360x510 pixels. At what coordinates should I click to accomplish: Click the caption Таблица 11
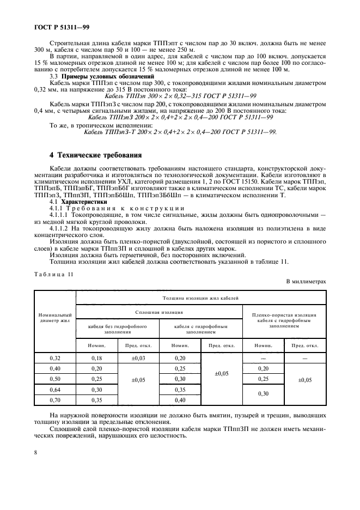pyautogui.click(x=53, y=274)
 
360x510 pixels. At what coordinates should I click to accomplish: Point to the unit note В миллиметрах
pyautogui.click(x=306, y=282)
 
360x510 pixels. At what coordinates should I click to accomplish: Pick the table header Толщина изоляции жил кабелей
pyautogui.click(x=200, y=297)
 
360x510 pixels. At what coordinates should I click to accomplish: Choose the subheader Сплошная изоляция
pyautogui.click(x=158, y=312)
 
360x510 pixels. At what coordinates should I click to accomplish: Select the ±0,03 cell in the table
pyautogui.click(x=138, y=358)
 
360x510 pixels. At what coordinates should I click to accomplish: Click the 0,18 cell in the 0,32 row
pyautogui.click(x=96, y=358)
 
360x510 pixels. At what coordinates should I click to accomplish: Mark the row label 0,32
pyautogui.click(x=54, y=358)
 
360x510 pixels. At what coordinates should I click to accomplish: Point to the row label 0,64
pyautogui.click(x=54, y=390)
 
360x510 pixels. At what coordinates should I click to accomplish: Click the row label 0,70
pyautogui.click(x=54, y=400)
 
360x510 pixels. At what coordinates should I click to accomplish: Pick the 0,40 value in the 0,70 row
pyautogui.click(x=180, y=400)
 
